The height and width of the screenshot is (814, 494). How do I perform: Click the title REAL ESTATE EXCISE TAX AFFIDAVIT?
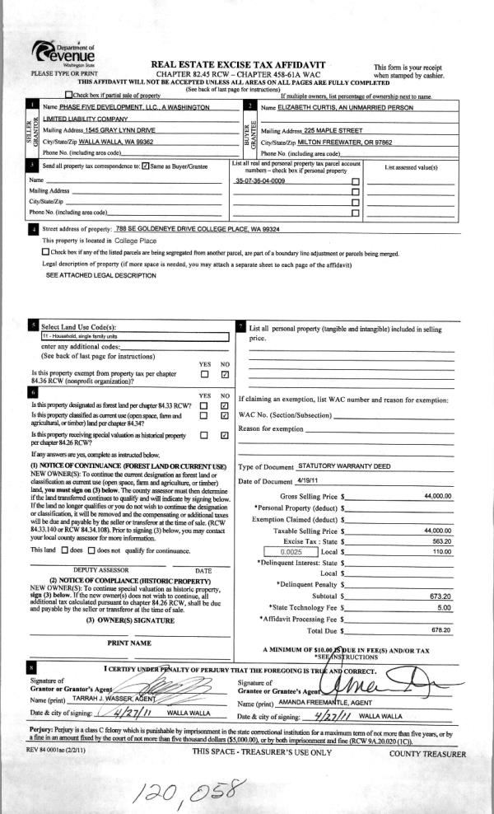coord(239,64)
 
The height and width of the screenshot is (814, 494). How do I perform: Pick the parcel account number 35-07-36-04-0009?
coord(260,180)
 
